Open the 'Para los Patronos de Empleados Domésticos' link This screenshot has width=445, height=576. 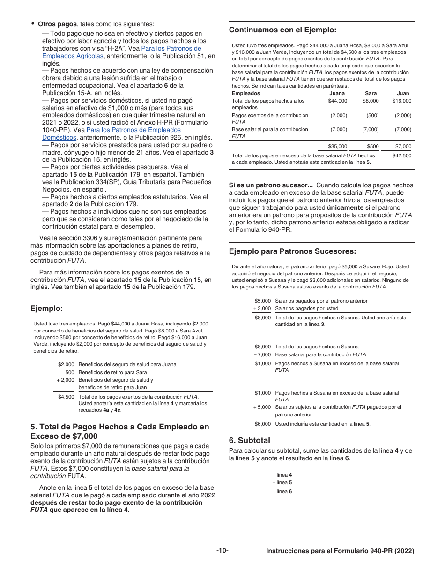click(x=133, y=130)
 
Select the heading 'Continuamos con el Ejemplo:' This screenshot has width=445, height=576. click(x=282, y=30)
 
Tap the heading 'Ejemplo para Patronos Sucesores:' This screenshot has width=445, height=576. click(x=292, y=251)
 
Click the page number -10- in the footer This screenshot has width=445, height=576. click(x=222, y=551)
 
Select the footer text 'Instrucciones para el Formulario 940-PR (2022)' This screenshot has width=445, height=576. click(x=340, y=551)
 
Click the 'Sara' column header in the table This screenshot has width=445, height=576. click(x=371, y=93)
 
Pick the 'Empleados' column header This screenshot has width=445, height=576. click(x=246, y=93)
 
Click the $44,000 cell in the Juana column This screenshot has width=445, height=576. click(x=337, y=101)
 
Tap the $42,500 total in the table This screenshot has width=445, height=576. click(x=401, y=156)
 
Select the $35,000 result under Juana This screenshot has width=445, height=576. click(x=337, y=147)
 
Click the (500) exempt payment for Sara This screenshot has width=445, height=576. click(x=372, y=115)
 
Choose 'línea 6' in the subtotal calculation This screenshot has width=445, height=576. click(x=284, y=491)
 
